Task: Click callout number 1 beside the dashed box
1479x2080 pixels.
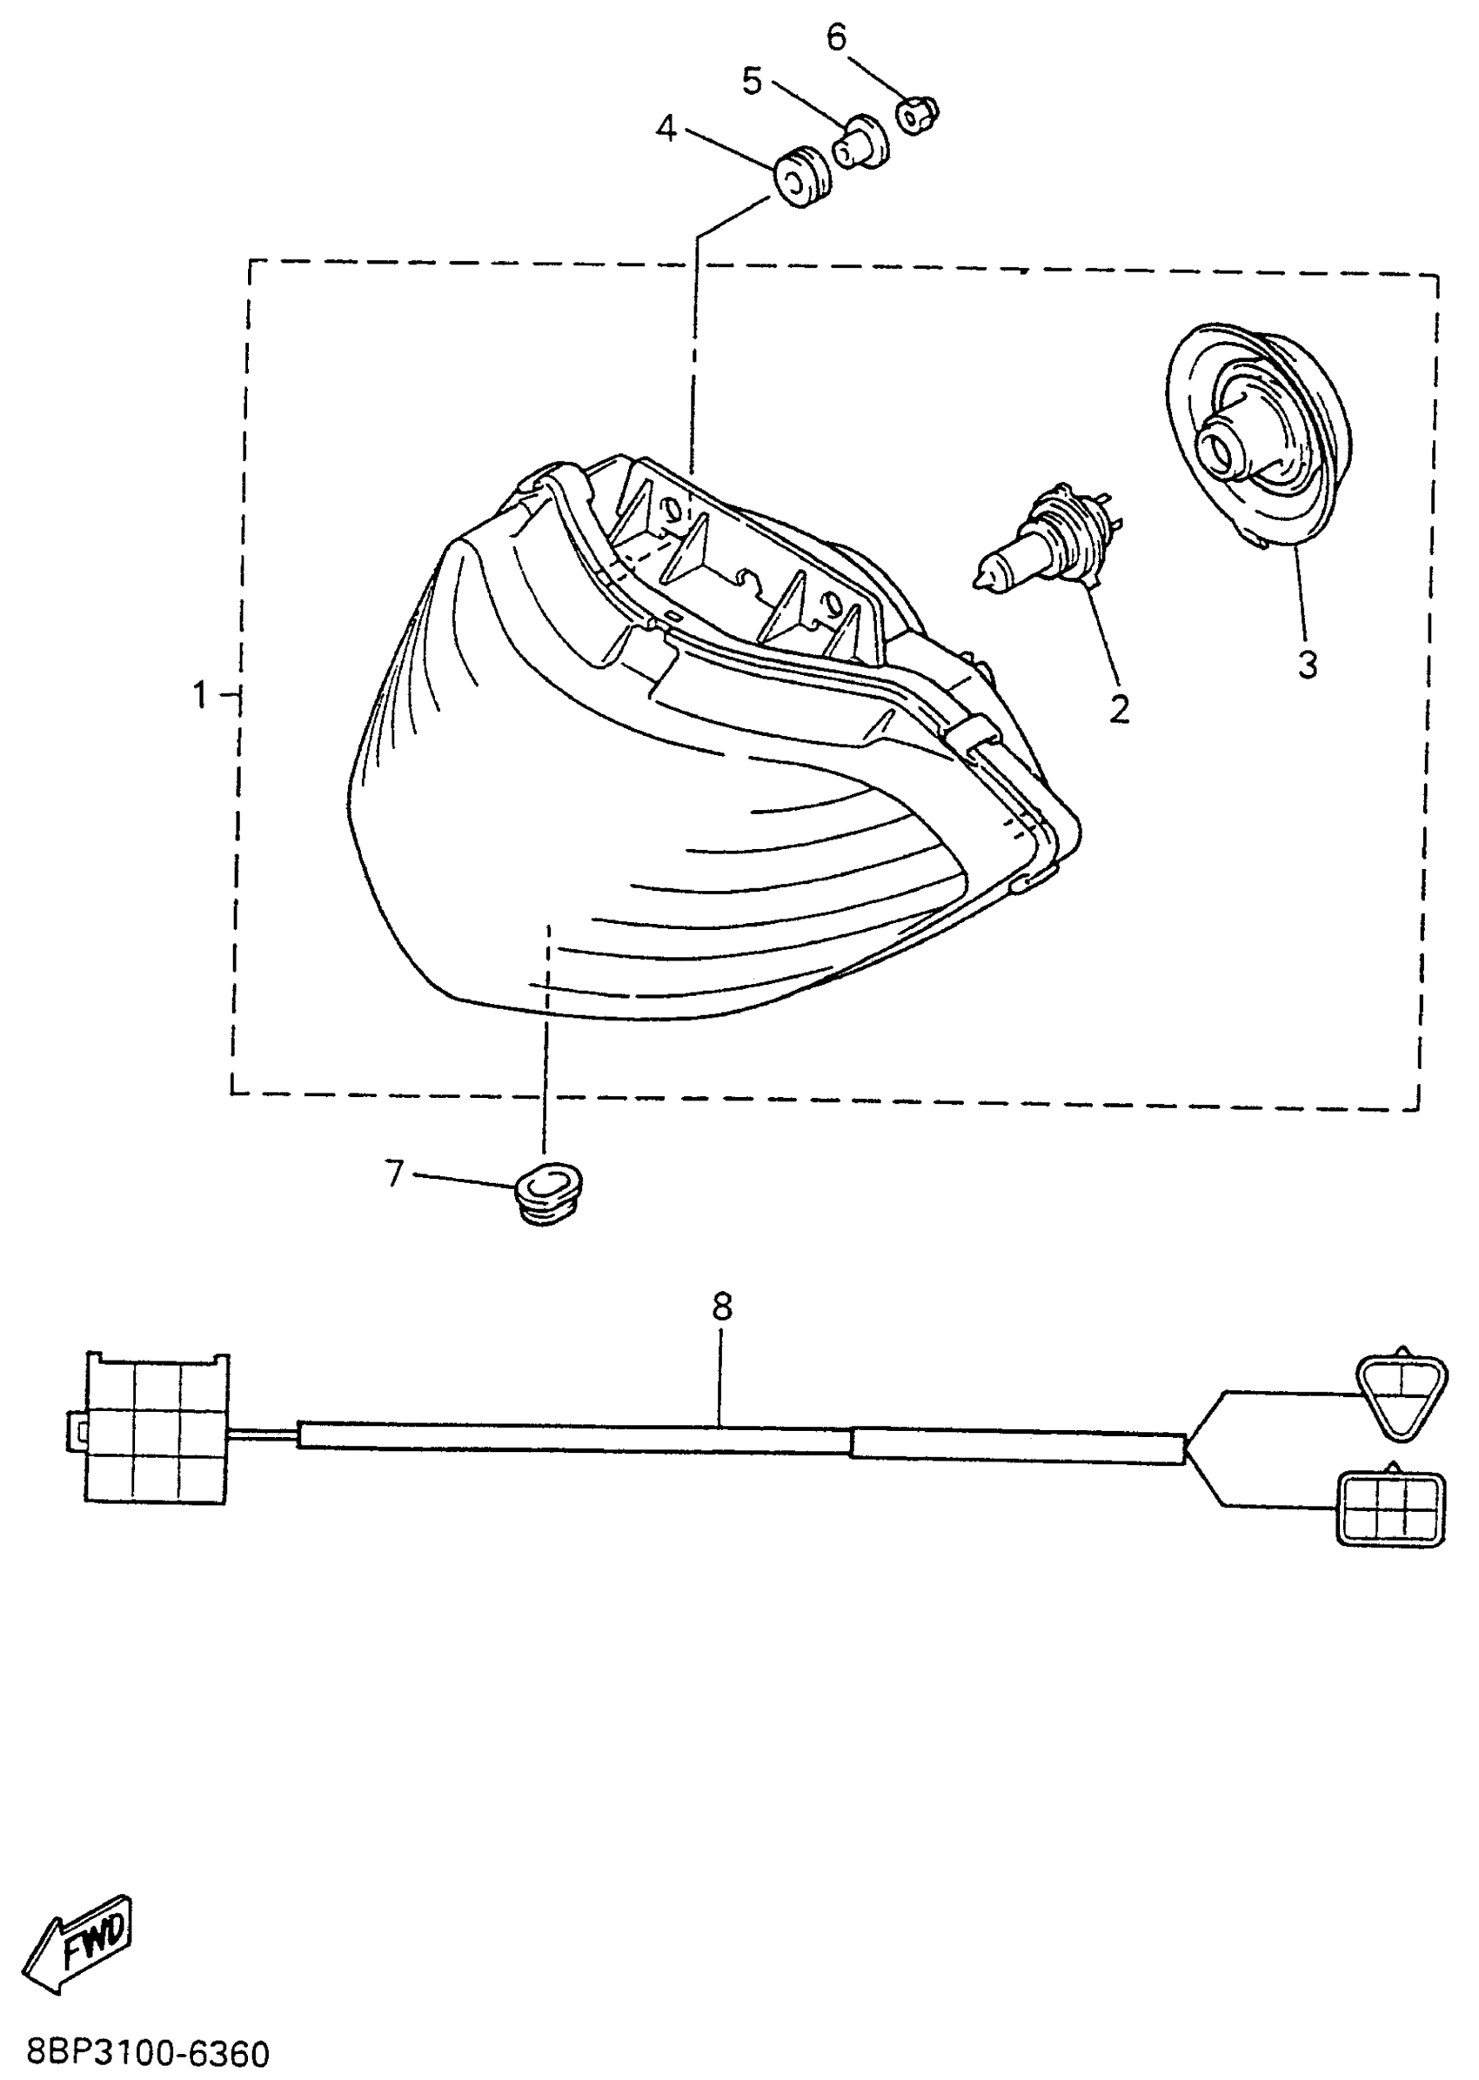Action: coord(200,697)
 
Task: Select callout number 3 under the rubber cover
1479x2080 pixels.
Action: coord(1307,665)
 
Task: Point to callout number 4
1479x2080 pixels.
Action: coord(666,130)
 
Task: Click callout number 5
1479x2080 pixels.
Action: coord(752,81)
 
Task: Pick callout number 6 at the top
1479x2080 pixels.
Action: coord(836,37)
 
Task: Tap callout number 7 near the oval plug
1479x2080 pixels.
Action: coord(393,1174)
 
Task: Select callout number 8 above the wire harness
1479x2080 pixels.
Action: coord(721,1307)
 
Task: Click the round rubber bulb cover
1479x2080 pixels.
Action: coord(1255,437)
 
